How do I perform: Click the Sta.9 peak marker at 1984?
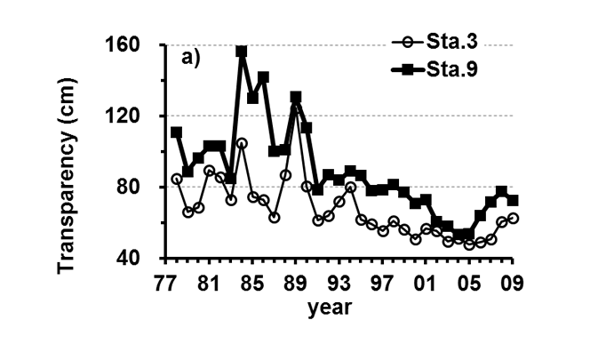[242, 52]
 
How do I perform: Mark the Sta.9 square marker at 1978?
[176, 132]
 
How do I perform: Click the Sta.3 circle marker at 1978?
[176, 179]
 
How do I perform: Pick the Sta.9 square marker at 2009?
[513, 201]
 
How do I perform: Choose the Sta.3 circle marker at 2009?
[513, 218]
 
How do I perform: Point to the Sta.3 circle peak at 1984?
[242, 143]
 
